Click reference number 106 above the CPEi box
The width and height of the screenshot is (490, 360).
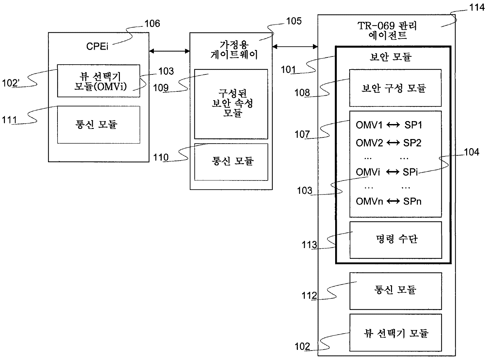[x=152, y=23]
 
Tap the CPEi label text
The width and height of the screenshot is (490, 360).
[x=97, y=46]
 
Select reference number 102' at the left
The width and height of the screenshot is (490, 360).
[x=11, y=83]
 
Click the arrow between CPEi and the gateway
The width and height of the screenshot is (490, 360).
[x=169, y=51]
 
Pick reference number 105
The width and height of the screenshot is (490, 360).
[x=294, y=21]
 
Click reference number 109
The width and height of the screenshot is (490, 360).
[x=161, y=88]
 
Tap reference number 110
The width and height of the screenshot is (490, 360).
[x=161, y=157]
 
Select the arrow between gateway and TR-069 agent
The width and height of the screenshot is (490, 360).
[x=295, y=47]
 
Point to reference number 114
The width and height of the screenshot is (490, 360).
[x=477, y=7]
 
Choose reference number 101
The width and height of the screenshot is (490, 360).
[x=288, y=70]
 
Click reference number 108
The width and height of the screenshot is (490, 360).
[x=302, y=92]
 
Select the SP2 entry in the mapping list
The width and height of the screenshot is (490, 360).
[x=412, y=143]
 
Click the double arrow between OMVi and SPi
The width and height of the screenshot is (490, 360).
[x=392, y=172]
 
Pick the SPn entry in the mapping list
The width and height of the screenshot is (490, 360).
[x=412, y=201]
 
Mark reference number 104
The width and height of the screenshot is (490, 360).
[x=472, y=152]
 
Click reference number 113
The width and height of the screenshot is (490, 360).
[x=309, y=244]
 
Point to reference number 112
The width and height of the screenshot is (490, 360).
[x=309, y=295]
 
